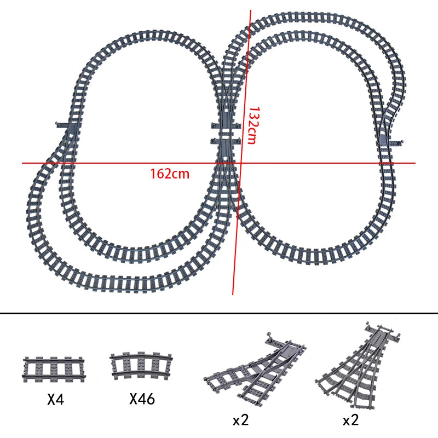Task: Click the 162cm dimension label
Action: coord(170,174)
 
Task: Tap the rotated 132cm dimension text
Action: coord(252,125)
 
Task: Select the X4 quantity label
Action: coord(55,400)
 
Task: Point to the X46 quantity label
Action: coord(142,399)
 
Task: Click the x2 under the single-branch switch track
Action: coord(241,420)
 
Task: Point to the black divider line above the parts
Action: coord(219,314)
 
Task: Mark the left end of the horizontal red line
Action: coord(23,163)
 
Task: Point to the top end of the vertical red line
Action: coord(251,10)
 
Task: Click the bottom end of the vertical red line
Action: coord(233,295)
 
